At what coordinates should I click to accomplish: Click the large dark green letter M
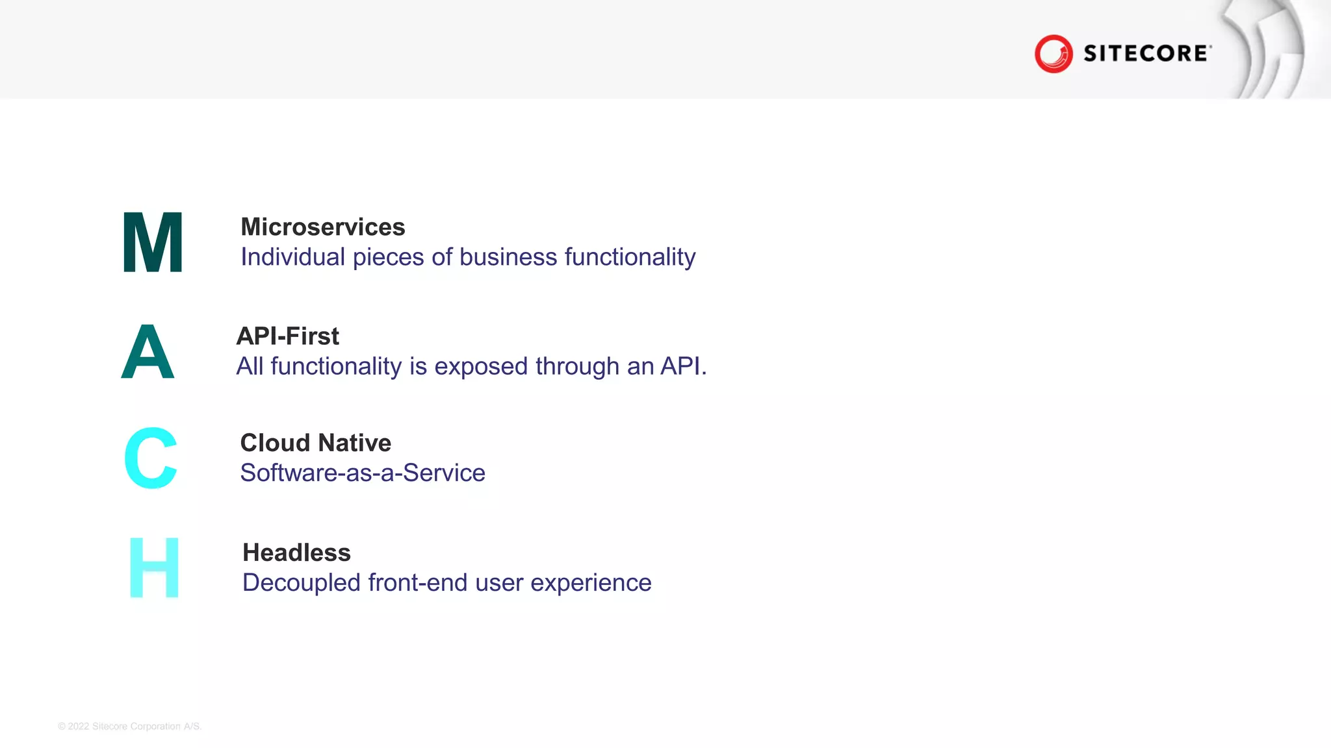tap(153, 242)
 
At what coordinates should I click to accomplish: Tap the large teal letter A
tap(148, 352)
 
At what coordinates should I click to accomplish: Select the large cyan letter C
tap(151, 458)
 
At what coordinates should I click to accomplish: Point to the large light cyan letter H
tap(154, 567)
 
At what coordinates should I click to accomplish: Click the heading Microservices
tap(323, 227)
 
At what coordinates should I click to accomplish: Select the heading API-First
tap(287, 336)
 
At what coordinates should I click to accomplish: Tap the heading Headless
tap(296, 553)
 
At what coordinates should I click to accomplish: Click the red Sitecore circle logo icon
tap(1053, 53)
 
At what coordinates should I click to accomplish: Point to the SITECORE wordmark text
tap(1146, 53)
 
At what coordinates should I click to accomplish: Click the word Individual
tap(292, 257)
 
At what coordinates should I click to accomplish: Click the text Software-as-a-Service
tap(363, 473)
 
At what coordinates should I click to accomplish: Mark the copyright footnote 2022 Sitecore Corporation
tap(130, 726)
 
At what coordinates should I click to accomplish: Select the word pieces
tap(389, 258)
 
